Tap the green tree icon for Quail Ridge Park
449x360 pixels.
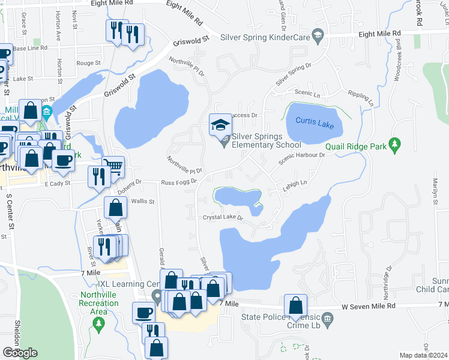point(394,144)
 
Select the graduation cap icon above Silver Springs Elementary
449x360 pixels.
point(220,125)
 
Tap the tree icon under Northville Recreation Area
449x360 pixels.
point(98,325)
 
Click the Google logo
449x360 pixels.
point(20,353)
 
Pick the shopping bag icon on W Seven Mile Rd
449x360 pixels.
point(295,305)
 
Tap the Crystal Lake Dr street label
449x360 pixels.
point(222,218)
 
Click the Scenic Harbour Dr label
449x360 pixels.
point(301,155)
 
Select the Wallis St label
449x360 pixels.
point(143,202)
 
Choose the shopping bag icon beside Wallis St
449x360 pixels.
point(115,208)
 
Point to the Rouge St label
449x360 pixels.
point(88,63)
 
